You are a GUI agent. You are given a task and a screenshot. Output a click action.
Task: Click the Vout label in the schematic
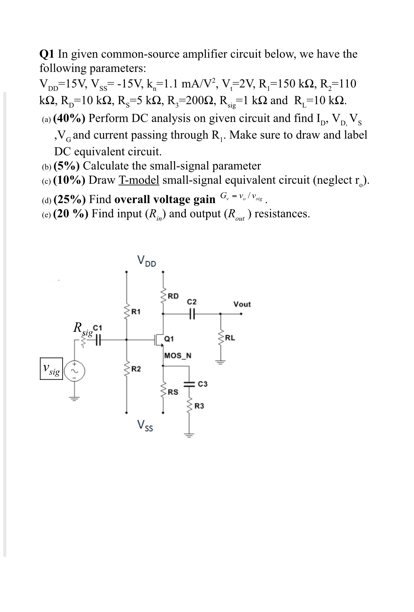tap(242, 304)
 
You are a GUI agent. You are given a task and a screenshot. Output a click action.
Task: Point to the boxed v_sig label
tap(51, 369)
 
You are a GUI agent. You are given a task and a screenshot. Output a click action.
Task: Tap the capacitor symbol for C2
tap(192, 313)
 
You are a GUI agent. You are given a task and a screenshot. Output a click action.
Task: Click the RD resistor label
tap(173, 296)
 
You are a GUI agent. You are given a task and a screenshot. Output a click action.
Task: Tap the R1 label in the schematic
tap(136, 312)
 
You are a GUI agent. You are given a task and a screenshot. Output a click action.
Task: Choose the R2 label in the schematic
tap(136, 369)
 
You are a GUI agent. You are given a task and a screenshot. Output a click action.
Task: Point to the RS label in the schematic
tap(173, 392)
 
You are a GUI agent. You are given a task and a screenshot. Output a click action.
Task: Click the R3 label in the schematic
tap(200, 406)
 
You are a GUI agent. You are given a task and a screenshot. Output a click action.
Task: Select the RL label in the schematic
tap(230, 337)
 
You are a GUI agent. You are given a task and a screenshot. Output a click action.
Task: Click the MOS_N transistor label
tap(178, 356)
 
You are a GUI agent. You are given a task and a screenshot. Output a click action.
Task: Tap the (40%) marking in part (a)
tap(69, 118)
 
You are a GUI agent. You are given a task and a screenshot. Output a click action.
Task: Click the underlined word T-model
tap(139, 180)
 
